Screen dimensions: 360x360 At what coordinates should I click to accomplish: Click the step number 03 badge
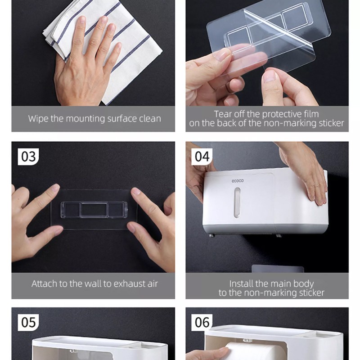point(28,157)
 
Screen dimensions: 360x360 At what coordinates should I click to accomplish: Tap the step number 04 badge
point(202,157)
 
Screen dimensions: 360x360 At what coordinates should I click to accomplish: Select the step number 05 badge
point(28,322)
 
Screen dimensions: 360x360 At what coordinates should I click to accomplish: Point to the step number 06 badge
point(202,322)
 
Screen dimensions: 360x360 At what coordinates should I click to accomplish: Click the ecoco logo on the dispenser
point(238,181)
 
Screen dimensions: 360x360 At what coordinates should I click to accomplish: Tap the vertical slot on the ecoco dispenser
point(237,202)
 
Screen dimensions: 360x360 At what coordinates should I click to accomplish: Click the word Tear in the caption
point(221,114)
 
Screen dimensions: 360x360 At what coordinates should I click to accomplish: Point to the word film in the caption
point(311,114)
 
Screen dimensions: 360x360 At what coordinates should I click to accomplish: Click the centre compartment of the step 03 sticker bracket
point(94,210)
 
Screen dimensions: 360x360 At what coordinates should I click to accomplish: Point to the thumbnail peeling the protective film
point(269,76)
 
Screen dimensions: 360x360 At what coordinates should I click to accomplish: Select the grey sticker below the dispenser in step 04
point(278,269)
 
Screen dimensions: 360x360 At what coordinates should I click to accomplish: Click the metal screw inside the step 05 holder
point(73,351)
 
